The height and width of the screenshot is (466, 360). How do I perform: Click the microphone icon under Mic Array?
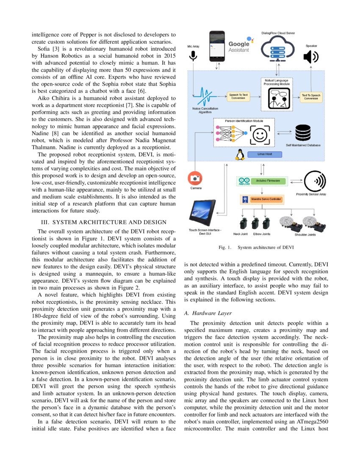194,55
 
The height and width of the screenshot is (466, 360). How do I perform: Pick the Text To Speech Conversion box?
311,97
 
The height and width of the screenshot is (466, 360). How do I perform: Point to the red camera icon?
195,178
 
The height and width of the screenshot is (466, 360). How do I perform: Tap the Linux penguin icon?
241,155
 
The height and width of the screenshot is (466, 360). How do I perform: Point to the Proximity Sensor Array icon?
316,181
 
